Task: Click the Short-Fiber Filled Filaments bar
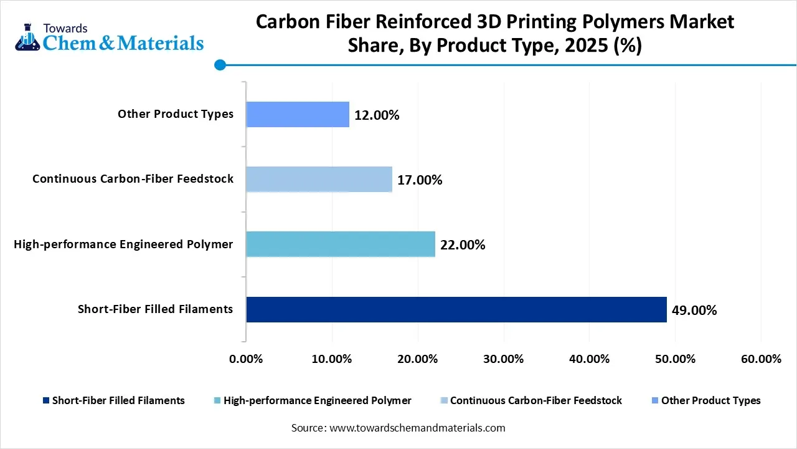456,309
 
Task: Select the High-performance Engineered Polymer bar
340,244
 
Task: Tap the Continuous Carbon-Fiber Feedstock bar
319,179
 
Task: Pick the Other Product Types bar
297,114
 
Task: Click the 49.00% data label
694,310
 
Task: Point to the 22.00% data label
463,245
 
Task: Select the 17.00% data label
420,180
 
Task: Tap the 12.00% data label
377,115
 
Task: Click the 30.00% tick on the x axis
503,359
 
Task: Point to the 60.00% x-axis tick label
761,359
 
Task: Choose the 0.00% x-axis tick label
246,359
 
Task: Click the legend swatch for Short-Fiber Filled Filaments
45,400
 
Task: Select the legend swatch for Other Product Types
654,400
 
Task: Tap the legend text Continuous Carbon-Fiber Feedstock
535,400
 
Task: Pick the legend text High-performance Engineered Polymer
317,400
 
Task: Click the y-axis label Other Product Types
176,114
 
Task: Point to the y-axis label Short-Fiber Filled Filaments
155,309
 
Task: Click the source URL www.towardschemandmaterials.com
416,428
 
